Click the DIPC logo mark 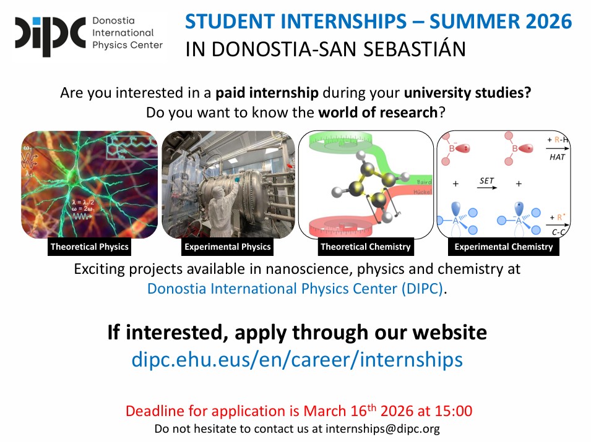51,36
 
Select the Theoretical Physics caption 89,247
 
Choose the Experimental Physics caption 227,247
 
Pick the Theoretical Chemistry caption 365,247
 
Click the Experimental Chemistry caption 504,247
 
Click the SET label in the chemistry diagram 486,181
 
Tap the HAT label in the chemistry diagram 557,157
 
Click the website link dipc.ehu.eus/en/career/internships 297,359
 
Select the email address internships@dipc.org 382,428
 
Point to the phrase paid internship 267,93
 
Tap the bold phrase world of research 377,112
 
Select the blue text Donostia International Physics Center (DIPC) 295,289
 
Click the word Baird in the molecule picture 424,182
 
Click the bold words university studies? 467,93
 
